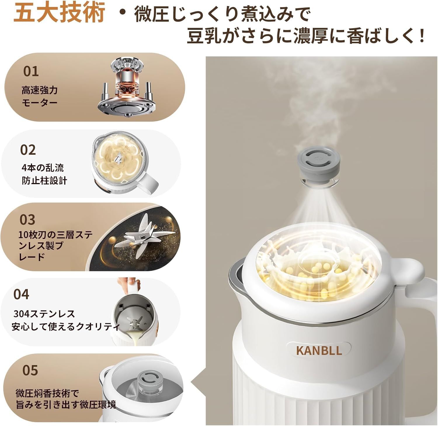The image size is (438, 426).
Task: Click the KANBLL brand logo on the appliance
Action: point(319,350)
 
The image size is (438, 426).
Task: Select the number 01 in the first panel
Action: point(31,71)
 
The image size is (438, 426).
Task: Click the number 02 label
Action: point(28,150)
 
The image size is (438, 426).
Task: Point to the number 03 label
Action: point(27,220)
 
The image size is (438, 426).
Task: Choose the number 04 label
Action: point(21,294)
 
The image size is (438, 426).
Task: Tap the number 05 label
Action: point(30,370)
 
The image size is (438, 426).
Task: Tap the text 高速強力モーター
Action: point(39,96)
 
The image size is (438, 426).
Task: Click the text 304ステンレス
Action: point(44,314)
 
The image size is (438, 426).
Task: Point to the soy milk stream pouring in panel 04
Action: point(136,339)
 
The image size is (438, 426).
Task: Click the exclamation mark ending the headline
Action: point(421,37)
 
